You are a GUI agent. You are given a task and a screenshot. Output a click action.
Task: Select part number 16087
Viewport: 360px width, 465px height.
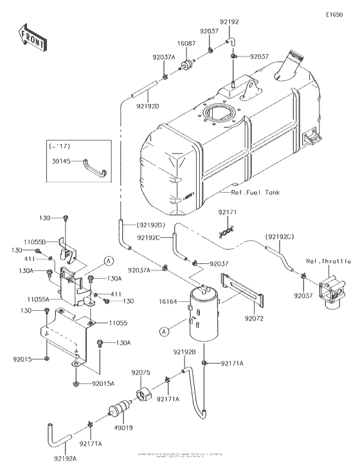[x=187, y=42]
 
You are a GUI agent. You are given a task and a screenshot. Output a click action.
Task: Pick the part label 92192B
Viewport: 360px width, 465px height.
[x=184, y=352]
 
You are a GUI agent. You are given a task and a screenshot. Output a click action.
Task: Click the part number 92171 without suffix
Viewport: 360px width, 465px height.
[x=227, y=211]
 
